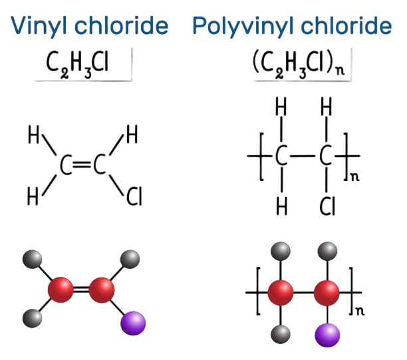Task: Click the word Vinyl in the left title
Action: pyautogui.click(x=39, y=25)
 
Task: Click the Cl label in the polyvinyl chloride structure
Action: pyautogui.click(x=327, y=206)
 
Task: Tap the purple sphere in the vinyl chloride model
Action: pyautogui.click(x=133, y=323)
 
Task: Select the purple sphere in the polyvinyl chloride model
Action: pyautogui.click(x=327, y=335)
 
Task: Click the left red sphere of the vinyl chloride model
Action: pyautogui.click(x=61, y=289)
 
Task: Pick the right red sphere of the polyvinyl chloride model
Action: pyautogui.click(x=327, y=293)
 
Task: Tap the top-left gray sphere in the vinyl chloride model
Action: pyautogui.click(x=32, y=260)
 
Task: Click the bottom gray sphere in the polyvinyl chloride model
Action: pyautogui.click(x=281, y=334)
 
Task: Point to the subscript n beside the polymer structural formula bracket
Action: pyautogui.click(x=355, y=177)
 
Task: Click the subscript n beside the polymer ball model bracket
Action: pyautogui.click(x=360, y=311)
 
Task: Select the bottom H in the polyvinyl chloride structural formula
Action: pyautogui.click(x=282, y=206)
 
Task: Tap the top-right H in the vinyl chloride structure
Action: pyautogui.click(x=132, y=134)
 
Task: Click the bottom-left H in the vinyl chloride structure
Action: pyautogui.click(x=33, y=196)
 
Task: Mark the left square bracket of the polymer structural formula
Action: pyautogui.click(x=262, y=156)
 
